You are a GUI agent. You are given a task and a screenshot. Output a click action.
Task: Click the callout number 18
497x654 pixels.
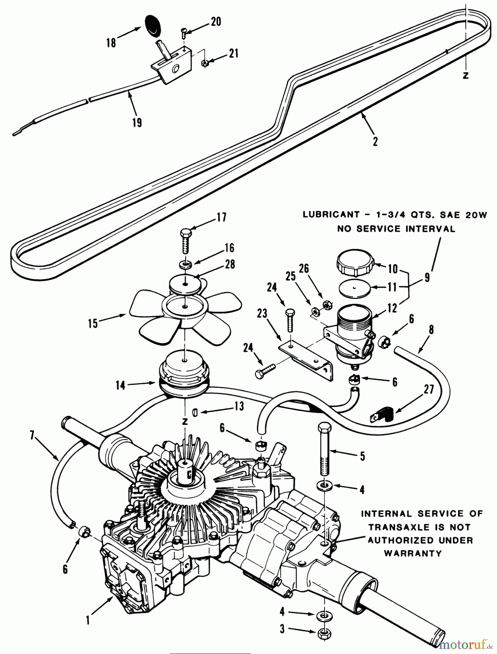pyautogui.click(x=111, y=43)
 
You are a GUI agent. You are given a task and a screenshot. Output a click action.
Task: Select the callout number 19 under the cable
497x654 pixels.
pyautogui.click(x=137, y=122)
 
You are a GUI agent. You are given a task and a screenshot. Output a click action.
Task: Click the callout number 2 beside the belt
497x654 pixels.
pyautogui.click(x=375, y=141)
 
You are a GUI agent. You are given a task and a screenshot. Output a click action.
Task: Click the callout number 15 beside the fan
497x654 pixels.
pyautogui.click(x=93, y=323)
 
